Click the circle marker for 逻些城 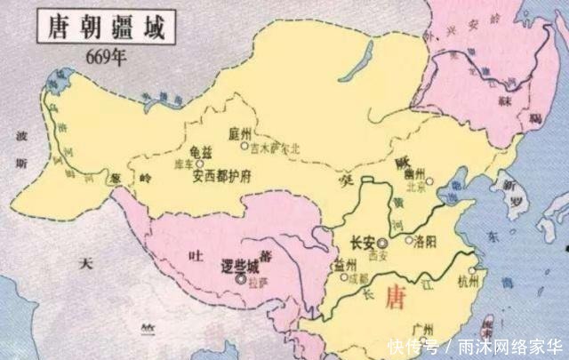click(241, 278)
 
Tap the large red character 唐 click(392, 301)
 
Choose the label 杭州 click(469, 283)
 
